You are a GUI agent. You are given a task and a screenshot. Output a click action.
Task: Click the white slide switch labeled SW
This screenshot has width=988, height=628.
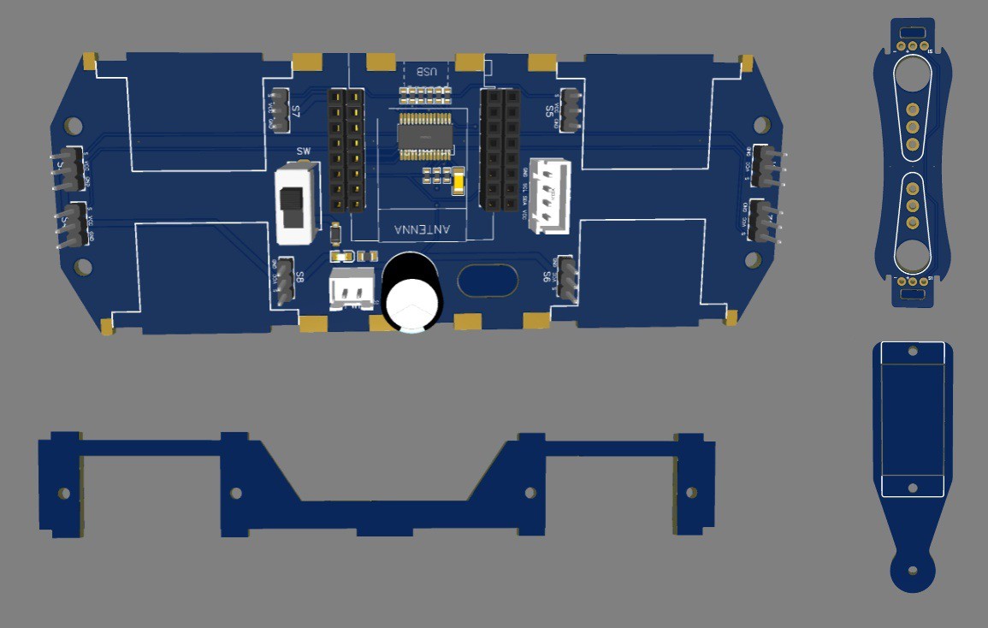tap(294, 204)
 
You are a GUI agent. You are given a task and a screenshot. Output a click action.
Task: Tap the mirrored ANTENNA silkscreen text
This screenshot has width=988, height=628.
tap(421, 230)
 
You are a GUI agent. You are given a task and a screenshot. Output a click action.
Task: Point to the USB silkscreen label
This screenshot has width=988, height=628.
tap(425, 72)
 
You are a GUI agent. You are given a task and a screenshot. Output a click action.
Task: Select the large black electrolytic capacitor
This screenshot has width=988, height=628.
tap(412, 292)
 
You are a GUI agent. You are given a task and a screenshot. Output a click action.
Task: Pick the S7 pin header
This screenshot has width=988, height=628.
tap(281, 110)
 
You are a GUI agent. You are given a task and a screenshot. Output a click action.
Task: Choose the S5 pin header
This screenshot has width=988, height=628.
tap(571, 110)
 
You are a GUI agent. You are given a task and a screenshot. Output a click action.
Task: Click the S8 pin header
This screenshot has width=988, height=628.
tap(285, 280)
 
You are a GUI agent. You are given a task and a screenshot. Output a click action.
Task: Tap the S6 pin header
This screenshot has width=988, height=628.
tap(566, 276)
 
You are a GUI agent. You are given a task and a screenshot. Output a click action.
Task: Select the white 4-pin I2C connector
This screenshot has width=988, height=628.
tap(548, 196)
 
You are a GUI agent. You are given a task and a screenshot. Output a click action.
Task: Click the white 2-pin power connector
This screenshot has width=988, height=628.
tap(352, 288)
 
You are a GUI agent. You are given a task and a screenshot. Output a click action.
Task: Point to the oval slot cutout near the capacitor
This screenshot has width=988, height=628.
tap(488, 280)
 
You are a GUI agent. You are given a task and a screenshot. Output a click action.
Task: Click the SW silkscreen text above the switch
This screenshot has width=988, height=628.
tap(303, 152)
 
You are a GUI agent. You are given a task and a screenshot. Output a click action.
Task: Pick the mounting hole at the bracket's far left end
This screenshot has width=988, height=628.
tap(63, 494)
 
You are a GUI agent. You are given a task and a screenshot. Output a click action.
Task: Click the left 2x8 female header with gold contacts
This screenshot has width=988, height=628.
tap(346, 151)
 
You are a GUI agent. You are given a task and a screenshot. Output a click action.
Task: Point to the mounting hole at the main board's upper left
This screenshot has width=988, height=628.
tap(74, 127)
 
